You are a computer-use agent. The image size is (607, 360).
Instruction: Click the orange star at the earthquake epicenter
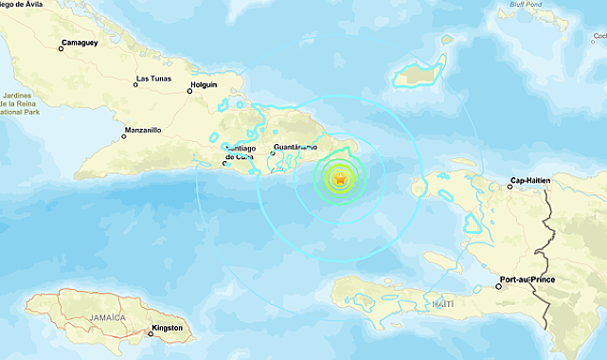coord(340,177)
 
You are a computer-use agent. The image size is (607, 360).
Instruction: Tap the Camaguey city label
coord(79,43)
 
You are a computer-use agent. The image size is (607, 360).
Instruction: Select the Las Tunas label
coord(155,78)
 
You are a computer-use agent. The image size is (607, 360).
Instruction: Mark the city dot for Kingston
coord(147,332)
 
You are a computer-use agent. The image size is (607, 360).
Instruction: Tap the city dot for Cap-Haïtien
coord(509,185)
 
